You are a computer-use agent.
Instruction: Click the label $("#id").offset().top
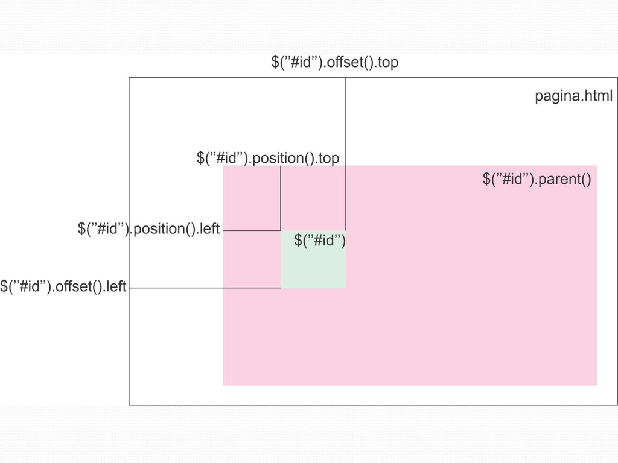coord(334,62)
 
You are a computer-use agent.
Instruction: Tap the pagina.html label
coord(573,96)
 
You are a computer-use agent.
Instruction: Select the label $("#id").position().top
coord(268,158)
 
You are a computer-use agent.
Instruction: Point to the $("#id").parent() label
coord(537,179)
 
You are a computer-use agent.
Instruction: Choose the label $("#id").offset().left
coord(63,286)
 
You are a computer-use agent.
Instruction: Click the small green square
coord(313,268)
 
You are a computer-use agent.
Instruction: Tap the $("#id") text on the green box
coord(319,241)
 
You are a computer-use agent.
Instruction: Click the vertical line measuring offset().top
coord(346,151)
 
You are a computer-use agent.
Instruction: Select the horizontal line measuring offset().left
coord(205,288)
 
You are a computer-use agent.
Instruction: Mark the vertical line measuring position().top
coord(281,199)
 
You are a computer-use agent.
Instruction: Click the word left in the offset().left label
coord(116,286)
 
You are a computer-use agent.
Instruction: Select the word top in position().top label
coord(328,158)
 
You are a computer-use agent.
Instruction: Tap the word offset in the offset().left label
coord(73,286)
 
